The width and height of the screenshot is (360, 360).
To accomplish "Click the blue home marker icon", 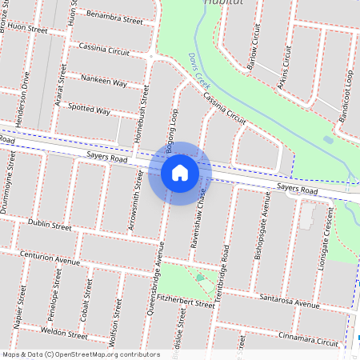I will tap(180, 173).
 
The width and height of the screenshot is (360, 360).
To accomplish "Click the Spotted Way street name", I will tap(90, 109).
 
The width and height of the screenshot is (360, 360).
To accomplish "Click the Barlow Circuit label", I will tap(255, 47).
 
